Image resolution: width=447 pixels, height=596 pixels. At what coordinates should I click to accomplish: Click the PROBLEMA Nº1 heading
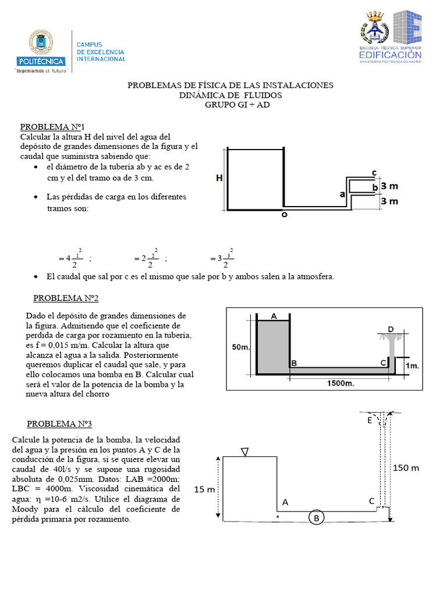53,126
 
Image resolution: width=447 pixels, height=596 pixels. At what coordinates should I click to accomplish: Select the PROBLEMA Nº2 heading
66,298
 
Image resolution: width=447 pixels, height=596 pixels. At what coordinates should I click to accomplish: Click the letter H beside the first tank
219,179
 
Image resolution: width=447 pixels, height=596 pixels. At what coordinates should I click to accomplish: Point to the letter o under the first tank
284,214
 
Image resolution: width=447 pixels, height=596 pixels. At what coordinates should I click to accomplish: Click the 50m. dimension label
241,347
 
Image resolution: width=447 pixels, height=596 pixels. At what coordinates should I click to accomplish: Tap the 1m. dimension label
413,366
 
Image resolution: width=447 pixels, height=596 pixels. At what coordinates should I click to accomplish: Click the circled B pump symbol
316,518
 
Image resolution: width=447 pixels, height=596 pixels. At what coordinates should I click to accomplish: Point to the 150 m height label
406,467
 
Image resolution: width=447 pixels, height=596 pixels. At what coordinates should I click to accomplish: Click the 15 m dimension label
204,489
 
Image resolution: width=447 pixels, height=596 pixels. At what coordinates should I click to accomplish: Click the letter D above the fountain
391,329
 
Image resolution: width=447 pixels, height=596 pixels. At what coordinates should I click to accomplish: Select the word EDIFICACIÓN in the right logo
390,54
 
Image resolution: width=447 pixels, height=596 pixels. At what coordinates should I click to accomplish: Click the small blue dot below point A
278,516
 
